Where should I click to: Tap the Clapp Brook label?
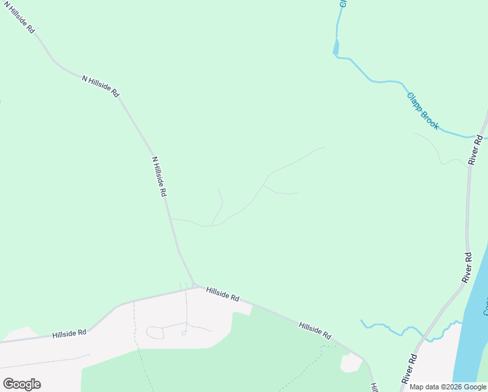pyautogui.click(x=423, y=110)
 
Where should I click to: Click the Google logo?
pyautogui.click(x=22, y=384)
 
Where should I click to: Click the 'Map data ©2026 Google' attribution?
pyautogui.click(x=448, y=387)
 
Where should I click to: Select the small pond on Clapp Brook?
pyautogui.click(x=336, y=47)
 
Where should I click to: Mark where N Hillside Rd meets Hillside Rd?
pyautogui.click(x=195, y=285)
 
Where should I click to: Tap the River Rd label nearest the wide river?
pyautogui.click(x=468, y=267)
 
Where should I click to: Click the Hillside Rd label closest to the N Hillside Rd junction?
pyautogui.click(x=222, y=293)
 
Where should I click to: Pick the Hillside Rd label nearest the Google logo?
pyautogui.click(x=70, y=333)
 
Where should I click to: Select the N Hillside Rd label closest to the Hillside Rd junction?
pyautogui.click(x=160, y=176)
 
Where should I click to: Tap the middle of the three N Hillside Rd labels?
pyautogui.click(x=100, y=86)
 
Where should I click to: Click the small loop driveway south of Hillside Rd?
pyautogui.click(x=155, y=333)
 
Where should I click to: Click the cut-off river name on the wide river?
pyautogui.click(x=484, y=304)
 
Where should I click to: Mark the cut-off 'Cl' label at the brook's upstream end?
pyautogui.click(x=342, y=3)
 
